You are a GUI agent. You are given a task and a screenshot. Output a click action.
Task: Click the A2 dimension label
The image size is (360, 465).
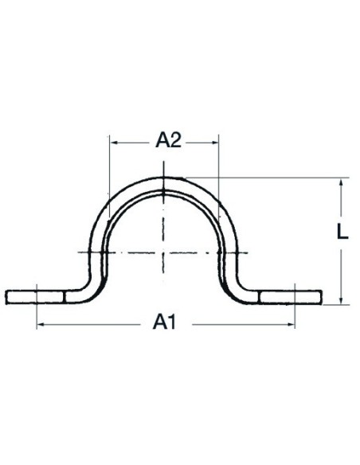(168, 140)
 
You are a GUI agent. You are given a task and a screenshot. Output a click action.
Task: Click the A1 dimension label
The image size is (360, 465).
(165, 322)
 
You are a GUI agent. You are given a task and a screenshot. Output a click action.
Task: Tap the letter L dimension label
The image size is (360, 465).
(342, 232)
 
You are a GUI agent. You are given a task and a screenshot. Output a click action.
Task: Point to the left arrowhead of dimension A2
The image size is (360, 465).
(113, 143)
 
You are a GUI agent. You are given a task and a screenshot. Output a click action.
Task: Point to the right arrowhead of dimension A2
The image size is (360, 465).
(215, 143)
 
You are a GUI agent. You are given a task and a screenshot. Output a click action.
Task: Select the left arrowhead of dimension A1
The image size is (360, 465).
(41, 325)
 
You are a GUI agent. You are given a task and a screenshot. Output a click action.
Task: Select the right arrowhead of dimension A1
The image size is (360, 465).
(292, 325)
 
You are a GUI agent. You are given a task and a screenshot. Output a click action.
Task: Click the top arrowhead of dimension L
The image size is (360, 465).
(341, 182)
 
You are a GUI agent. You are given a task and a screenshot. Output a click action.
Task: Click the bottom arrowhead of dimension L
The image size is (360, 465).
(341, 300)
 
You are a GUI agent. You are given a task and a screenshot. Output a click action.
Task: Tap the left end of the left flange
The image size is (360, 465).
(6, 297)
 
